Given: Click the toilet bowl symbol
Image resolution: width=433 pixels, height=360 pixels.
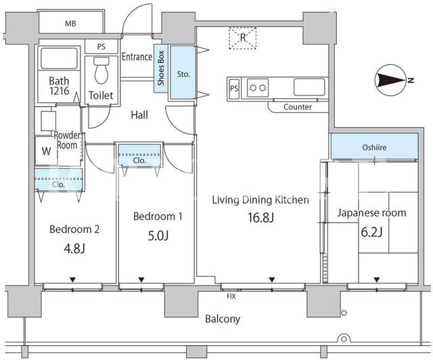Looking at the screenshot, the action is [x=101, y=70].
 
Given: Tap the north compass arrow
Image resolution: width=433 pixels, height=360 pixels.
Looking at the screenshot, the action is [x=391, y=81].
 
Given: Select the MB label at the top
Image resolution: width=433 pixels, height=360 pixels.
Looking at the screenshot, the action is [x=70, y=24].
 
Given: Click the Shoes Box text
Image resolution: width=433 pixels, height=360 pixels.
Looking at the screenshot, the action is [x=161, y=68].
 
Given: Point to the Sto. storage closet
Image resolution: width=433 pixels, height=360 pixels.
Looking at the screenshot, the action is [x=183, y=72].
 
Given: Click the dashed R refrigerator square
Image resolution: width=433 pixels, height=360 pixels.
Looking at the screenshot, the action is [x=243, y=38].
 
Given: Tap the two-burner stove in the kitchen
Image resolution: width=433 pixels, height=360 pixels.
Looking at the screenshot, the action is [x=258, y=88].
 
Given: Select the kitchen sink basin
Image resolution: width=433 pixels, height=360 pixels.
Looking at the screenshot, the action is [x=309, y=87].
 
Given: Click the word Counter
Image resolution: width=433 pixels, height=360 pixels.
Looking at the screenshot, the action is [x=298, y=107].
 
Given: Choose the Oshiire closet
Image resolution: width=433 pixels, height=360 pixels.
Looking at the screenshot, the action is [x=374, y=147].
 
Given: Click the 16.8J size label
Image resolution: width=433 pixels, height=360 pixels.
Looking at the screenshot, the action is [x=260, y=217].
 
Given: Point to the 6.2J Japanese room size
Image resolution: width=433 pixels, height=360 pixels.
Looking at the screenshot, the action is [x=371, y=232].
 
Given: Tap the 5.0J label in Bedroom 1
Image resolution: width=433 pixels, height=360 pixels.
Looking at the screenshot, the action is [x=158, y=235].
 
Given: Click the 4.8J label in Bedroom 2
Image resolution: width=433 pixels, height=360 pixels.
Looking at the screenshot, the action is [x=74, y=248].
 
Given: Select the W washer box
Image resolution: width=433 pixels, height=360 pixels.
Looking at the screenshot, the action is [x=47, y=151].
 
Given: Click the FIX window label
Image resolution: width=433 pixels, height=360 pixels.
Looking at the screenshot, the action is [x=231, y=296].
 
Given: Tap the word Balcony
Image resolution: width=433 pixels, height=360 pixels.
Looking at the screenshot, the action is [x=223, y=319].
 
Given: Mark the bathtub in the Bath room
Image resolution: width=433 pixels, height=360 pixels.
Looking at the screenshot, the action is [x=59, y=58].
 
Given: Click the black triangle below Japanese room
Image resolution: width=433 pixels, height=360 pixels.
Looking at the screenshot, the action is [x=377, y=280].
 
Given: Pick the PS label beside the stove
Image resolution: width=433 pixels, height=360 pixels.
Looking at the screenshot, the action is [x=234, y=89].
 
